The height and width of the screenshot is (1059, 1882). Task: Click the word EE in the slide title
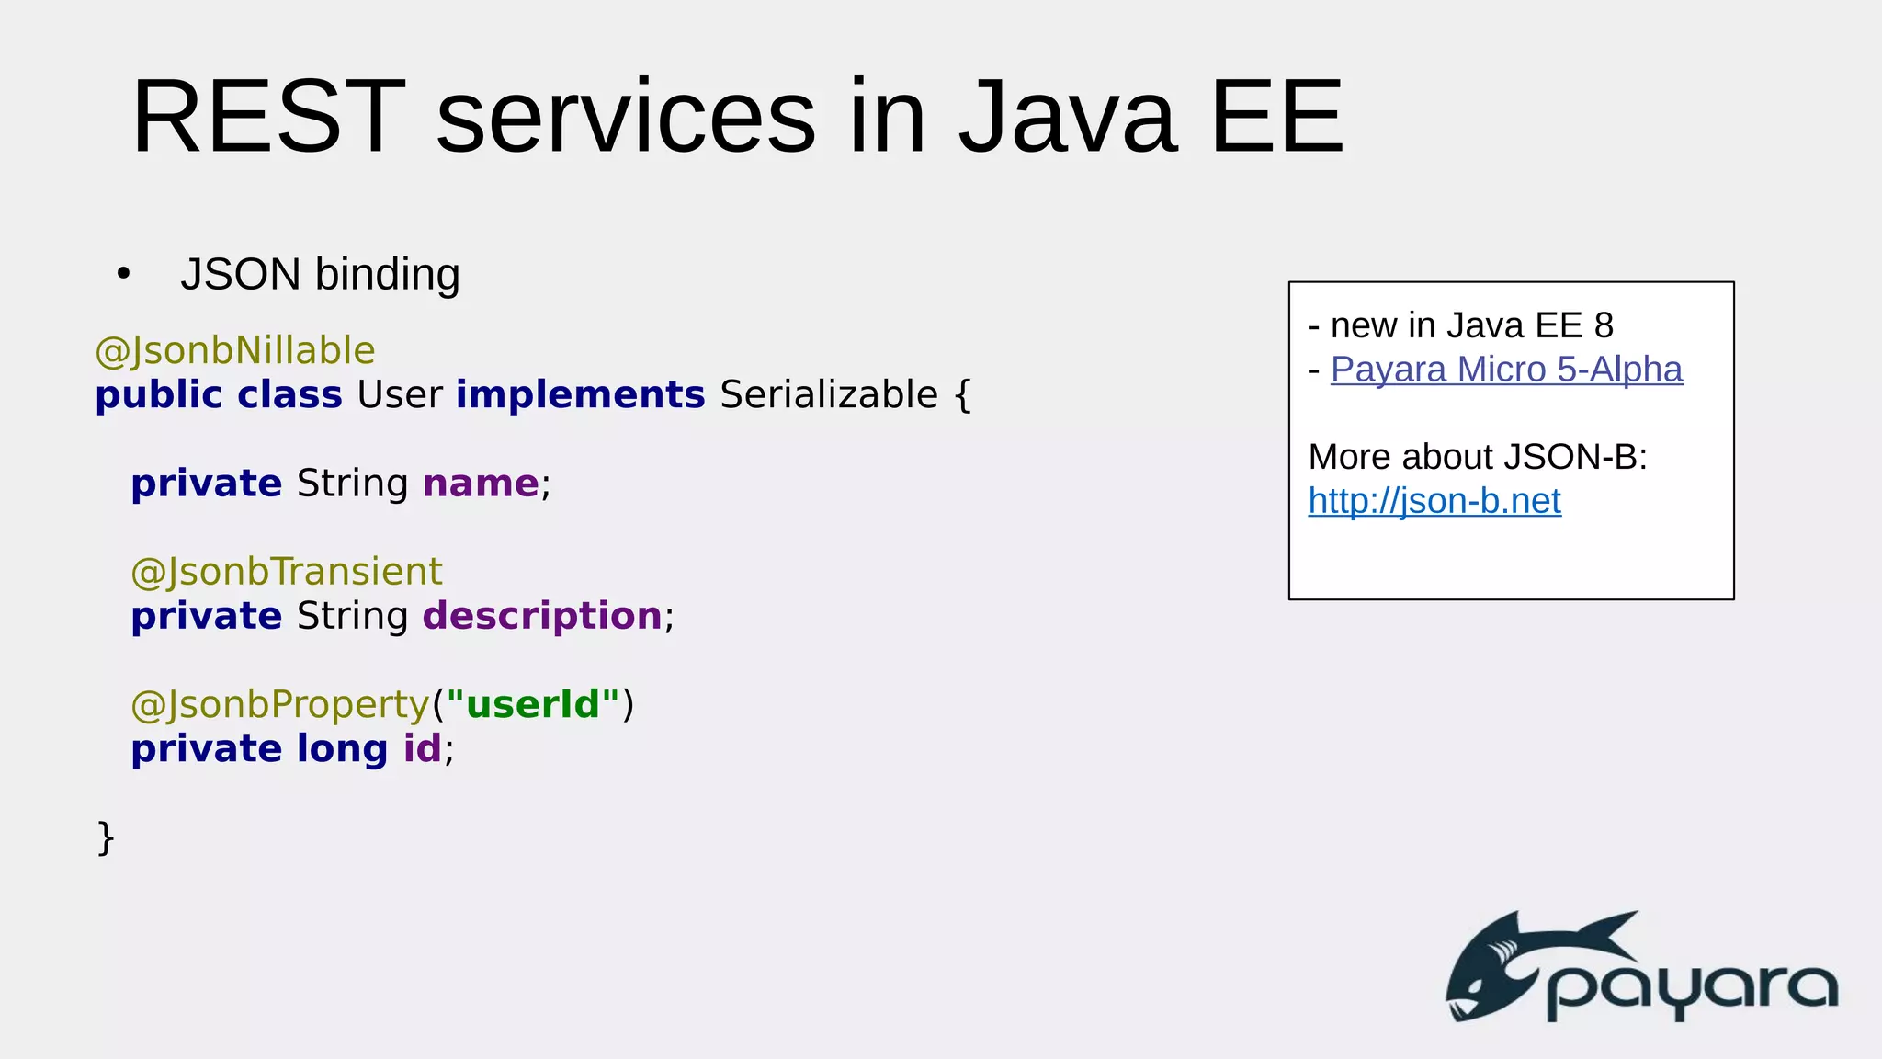click(x=1276, y=118)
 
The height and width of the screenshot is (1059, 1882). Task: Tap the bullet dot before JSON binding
click(x=124, y=274)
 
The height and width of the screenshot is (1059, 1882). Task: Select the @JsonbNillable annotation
click(x=235, y=351)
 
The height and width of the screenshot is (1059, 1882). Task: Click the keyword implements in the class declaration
click(x=580, y=395)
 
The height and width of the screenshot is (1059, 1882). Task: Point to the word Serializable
click(x=829, y=395)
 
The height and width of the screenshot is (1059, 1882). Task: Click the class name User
click(x=399, y=395)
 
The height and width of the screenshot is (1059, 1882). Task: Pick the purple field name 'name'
click(x=481, y=484)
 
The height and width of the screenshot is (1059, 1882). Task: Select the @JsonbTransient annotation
click(x=287, y=572)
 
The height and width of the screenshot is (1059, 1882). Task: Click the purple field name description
click(x=542, y=616)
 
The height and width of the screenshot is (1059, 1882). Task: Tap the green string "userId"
click(x=533, y=704)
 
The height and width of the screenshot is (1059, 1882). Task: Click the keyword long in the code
click(x=342, y=749)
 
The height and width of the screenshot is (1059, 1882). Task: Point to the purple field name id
click(x=423, y=748)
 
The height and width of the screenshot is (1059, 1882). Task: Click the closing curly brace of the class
click(x=106, y=837)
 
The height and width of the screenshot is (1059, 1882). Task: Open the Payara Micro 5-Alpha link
click(x=1506, y=370)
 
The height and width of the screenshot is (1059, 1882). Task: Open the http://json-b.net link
click(x=1434, y=501)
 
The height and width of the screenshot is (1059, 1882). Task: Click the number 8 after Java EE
click(x=1604, y=325)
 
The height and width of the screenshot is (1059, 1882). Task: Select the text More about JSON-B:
click(x=1478, y=457)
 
